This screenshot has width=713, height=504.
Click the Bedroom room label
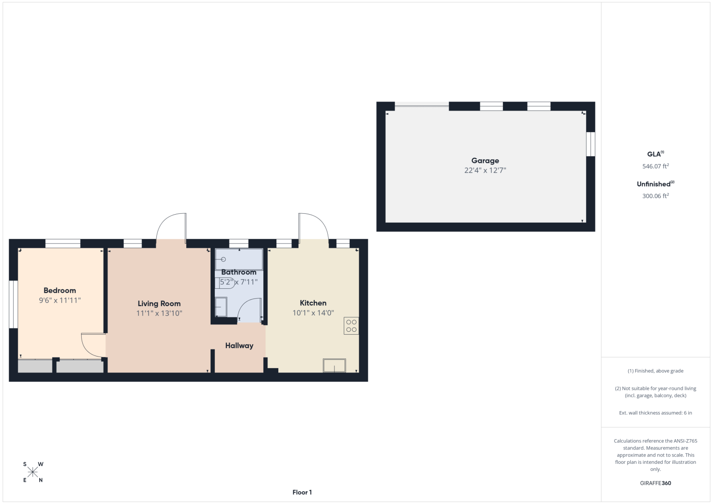point(59,290)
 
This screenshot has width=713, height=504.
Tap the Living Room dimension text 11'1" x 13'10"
point(159,313)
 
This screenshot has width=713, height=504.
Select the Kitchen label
point(313,303)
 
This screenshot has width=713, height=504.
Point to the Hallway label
point(239,345)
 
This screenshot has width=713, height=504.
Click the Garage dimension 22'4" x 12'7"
point(485,170)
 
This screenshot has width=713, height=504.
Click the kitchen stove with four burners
point(351,326)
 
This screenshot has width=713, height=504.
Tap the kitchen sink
point(334,365)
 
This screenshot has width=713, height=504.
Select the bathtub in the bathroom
point(239,259)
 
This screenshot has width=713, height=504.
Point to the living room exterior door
point(171,226)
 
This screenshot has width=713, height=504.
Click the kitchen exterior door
point(313,226)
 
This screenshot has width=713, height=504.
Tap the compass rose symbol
point(33,472)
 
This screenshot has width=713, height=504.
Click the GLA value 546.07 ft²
point(656,166)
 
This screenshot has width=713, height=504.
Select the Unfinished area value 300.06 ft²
point(656,196)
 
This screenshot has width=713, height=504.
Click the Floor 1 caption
point(302,492)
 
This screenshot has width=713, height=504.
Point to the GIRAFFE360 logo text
point(656,483)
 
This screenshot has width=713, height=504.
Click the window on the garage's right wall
point(591,144)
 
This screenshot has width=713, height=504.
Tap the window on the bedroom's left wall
point(13,304)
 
